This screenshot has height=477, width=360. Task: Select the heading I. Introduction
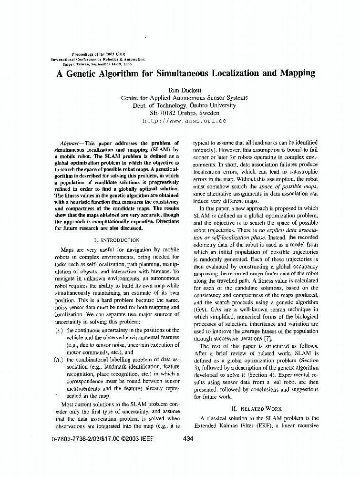click(x=117, y=240)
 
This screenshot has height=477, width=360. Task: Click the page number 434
click(x=188, y=440)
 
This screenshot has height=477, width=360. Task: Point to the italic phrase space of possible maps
click(x=289, y=187)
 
